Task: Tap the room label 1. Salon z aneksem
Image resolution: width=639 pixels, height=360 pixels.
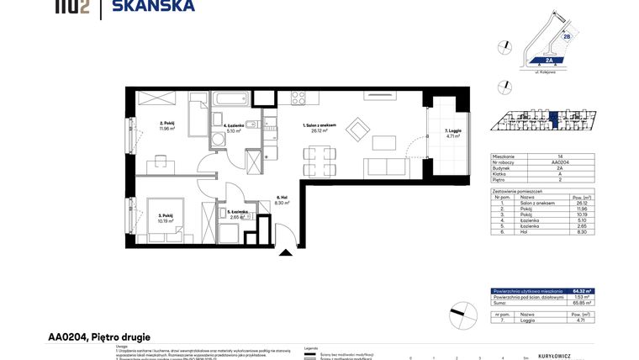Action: (319, 127)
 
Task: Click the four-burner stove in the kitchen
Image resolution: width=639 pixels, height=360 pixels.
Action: (299, 98)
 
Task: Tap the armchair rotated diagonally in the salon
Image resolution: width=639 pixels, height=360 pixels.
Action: (358, 130)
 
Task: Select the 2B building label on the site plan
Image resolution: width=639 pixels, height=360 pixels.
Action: (567, 37)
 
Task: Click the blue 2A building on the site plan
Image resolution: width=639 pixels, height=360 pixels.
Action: (548, 61)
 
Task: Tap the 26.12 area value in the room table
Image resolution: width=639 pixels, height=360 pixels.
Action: (582, 203)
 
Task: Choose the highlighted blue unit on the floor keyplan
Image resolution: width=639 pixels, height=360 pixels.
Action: (542, 122)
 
